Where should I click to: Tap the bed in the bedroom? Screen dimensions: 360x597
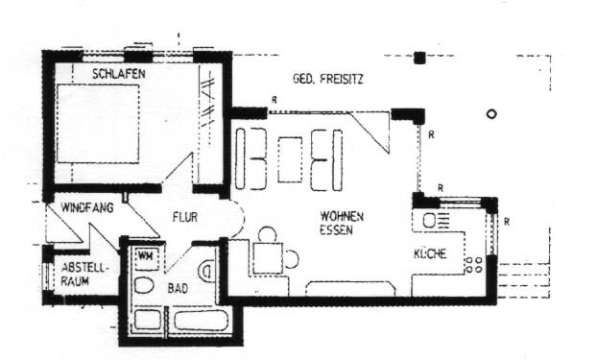click(98, 123)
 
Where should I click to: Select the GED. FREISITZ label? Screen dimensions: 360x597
click(328, 77)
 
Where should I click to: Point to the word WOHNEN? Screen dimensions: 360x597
click(342, 217)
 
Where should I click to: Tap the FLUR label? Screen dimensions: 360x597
click(185, 218)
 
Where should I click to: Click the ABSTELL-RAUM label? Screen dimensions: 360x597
click(84, 273)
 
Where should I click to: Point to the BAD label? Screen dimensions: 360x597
click(179, 287)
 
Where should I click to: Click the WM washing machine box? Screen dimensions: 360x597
click(146, 255)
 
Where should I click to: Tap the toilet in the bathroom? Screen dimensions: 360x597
click(146, 286)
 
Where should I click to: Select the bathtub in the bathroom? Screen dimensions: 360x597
click(201, 320)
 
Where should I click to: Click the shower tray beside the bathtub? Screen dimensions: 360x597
click(149, 320)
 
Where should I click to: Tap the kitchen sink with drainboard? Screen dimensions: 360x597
click(431, 220)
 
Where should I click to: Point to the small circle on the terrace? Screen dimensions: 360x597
click(491, 113)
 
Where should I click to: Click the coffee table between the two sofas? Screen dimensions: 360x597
click(290, 158)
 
